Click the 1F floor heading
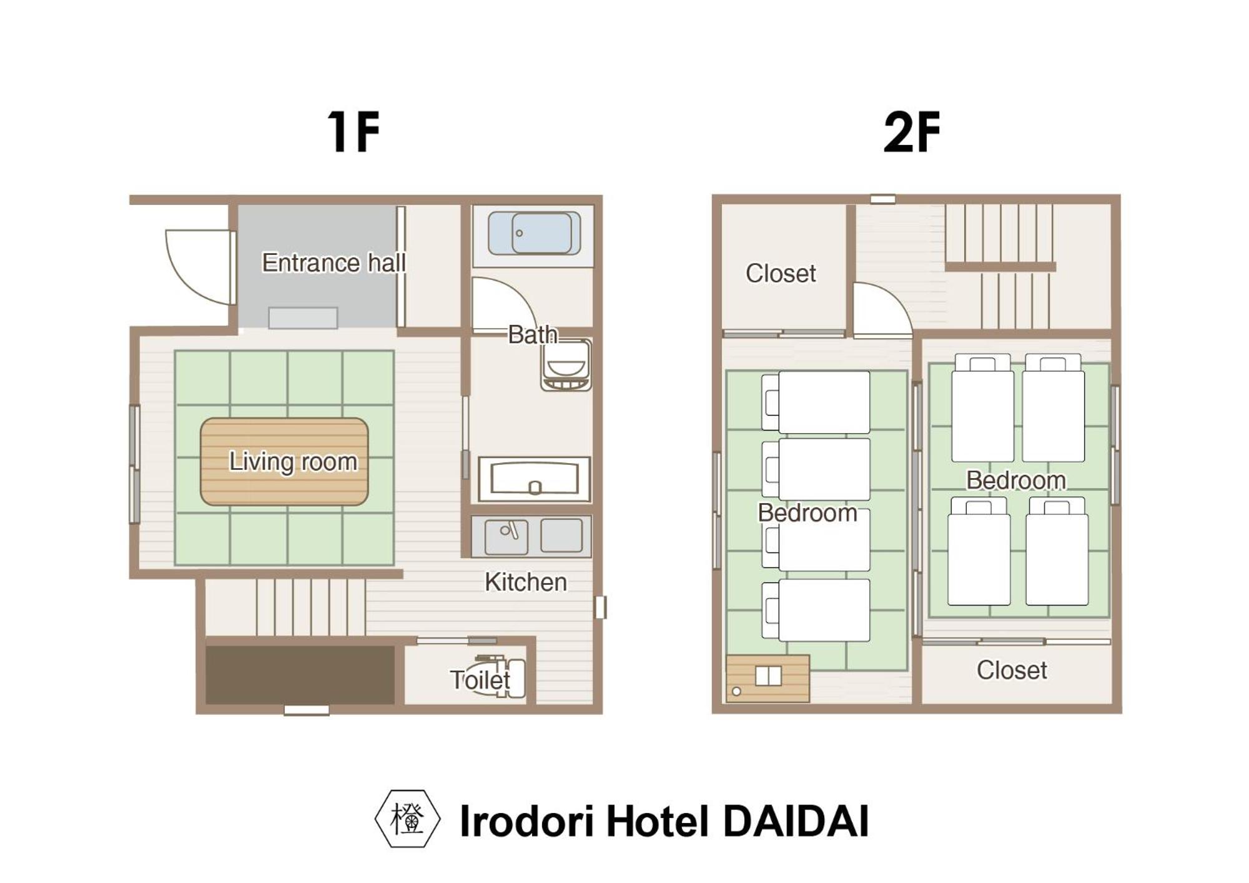point(353,132)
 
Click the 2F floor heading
point(912,132)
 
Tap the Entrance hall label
point(333,262)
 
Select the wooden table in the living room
point(284,461)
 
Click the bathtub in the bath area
point(534,233)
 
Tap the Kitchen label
point(526,582)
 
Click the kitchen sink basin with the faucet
point(506,536)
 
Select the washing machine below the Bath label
point(566,366)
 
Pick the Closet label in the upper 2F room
point(781,273)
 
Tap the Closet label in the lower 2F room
point(1012,670)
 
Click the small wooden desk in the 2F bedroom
point(768,678)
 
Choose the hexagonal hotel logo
point(407,819)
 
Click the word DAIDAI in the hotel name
point(796,821)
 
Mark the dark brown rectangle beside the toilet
point(300,675)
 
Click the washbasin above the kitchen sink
point(535,479)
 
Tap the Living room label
point(293,461)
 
